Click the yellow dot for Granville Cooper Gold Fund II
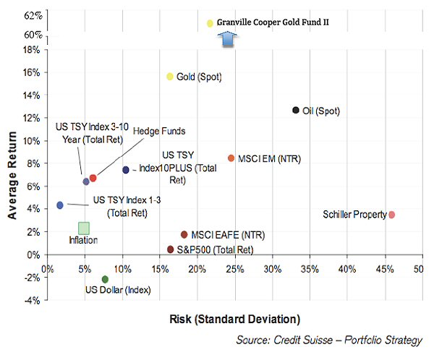click(210, 23)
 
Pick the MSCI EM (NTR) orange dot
click(231, 158)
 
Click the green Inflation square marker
click(84, 228)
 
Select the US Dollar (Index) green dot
click(105, 279)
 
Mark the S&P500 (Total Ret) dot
click(171, 249)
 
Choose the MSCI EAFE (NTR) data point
click(184, 234)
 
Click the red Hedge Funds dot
click(93, 178)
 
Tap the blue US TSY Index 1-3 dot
click(60, 205)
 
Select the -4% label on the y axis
click(30, 300)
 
